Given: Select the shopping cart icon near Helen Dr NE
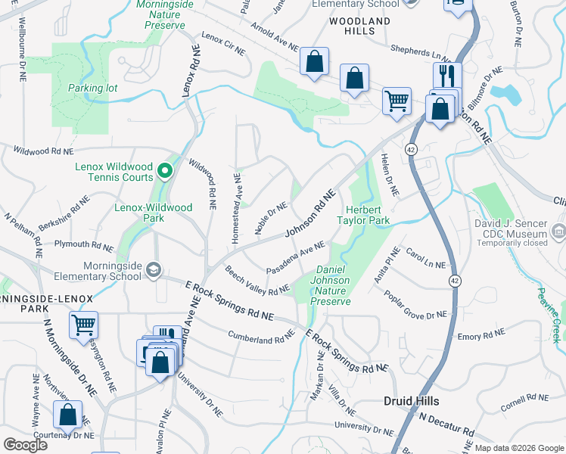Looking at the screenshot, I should (x=397, y=100).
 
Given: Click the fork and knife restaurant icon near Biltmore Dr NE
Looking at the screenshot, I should (x=446, y=76).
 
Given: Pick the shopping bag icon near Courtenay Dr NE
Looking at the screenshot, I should (x=68, y=414).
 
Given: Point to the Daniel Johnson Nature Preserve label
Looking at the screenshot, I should (x=333, y=285).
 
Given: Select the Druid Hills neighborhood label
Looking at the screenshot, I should (x=412, y=400).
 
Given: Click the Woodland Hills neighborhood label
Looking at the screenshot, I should (x=360, y=26).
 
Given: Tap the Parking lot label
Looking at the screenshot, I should (x=92, y=89).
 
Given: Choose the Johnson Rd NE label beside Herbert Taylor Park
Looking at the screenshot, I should (x=310, y=216).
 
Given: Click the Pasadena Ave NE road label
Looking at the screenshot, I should (x=295, y=258).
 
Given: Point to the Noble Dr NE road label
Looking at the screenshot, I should (x=271, y=218).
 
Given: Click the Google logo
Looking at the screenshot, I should (x=25, y=444).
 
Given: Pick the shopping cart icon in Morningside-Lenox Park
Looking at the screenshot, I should (x=83, y=325).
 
